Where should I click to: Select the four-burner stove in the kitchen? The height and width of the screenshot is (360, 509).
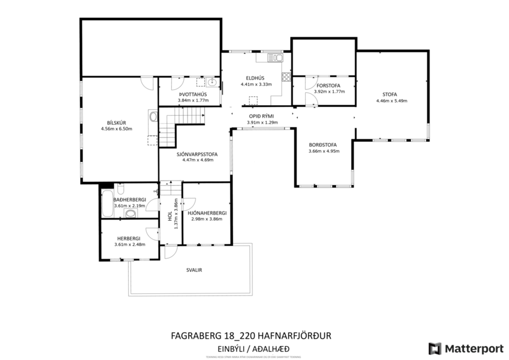[x=286, y=77]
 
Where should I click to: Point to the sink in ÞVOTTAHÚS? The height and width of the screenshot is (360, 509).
[x=212, y=82]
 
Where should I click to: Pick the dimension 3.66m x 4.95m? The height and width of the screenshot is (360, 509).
[x=323, y=151]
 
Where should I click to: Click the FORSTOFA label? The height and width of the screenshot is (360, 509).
[x=329, y=85]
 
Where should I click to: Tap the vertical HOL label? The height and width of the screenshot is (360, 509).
[x=170, y=217]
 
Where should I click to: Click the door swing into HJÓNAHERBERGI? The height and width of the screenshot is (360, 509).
[x=187, y=204]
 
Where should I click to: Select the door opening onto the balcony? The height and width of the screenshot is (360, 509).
[x=171, y=251]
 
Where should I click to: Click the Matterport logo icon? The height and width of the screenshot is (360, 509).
[x=435, y=348]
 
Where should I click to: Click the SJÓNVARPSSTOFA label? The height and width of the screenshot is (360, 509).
[x=197, y=154]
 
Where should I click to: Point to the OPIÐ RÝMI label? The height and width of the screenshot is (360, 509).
[x=260, y=116]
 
